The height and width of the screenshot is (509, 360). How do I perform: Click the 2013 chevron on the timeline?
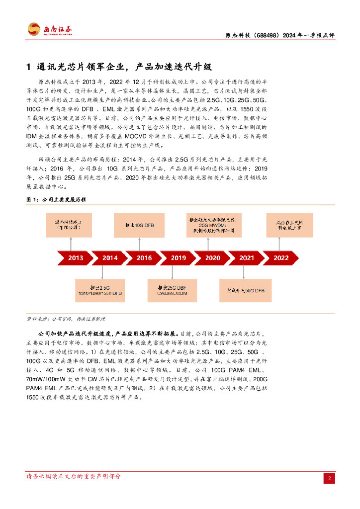(76, 258)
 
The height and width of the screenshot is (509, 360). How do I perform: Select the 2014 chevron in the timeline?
(110, 258)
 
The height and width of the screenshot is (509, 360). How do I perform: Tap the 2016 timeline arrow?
(144, 258)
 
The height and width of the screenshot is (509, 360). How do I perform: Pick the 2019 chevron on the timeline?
(179, 258)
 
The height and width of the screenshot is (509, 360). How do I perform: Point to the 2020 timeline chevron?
(212, 258)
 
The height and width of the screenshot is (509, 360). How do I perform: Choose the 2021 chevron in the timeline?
(247, 258)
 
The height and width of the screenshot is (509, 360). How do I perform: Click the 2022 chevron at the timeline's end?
(281, 258)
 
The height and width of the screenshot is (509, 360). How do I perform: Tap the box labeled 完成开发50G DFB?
(246, 291)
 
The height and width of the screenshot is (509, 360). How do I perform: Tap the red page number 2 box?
(329, 478)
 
